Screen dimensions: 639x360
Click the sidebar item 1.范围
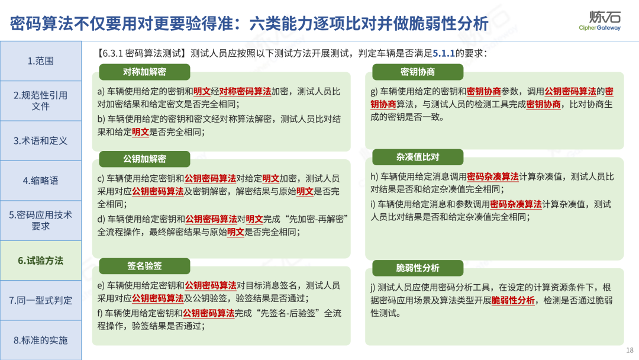[x=41, y=61]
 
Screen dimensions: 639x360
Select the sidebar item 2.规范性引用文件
[x=41, y=101]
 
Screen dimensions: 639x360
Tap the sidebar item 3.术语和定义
[x=41, y=141]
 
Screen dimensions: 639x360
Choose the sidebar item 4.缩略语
[x=41, y=181]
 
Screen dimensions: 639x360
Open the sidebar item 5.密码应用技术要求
[x=41, y=221]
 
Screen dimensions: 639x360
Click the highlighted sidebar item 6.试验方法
[x=41, y=261]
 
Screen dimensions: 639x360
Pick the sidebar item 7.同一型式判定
[x=41, y=300]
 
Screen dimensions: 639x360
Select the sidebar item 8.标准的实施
[x=41, y=340]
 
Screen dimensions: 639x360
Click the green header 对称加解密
[x=145, y=72]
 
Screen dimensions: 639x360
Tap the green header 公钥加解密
[x=145, y=159]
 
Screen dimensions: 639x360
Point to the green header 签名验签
[x=145, y=266]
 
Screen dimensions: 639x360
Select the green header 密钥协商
[x=418, y=72]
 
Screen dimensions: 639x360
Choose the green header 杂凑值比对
[x=418, y=157]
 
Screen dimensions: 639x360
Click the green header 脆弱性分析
[x=418, y=268]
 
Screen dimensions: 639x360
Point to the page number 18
[x=630, y=350]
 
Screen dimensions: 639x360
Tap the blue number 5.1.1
[x=444, y=53]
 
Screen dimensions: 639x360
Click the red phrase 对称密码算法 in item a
[x=246, y=91]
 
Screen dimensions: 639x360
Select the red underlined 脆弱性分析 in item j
[x=513, y=300]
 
